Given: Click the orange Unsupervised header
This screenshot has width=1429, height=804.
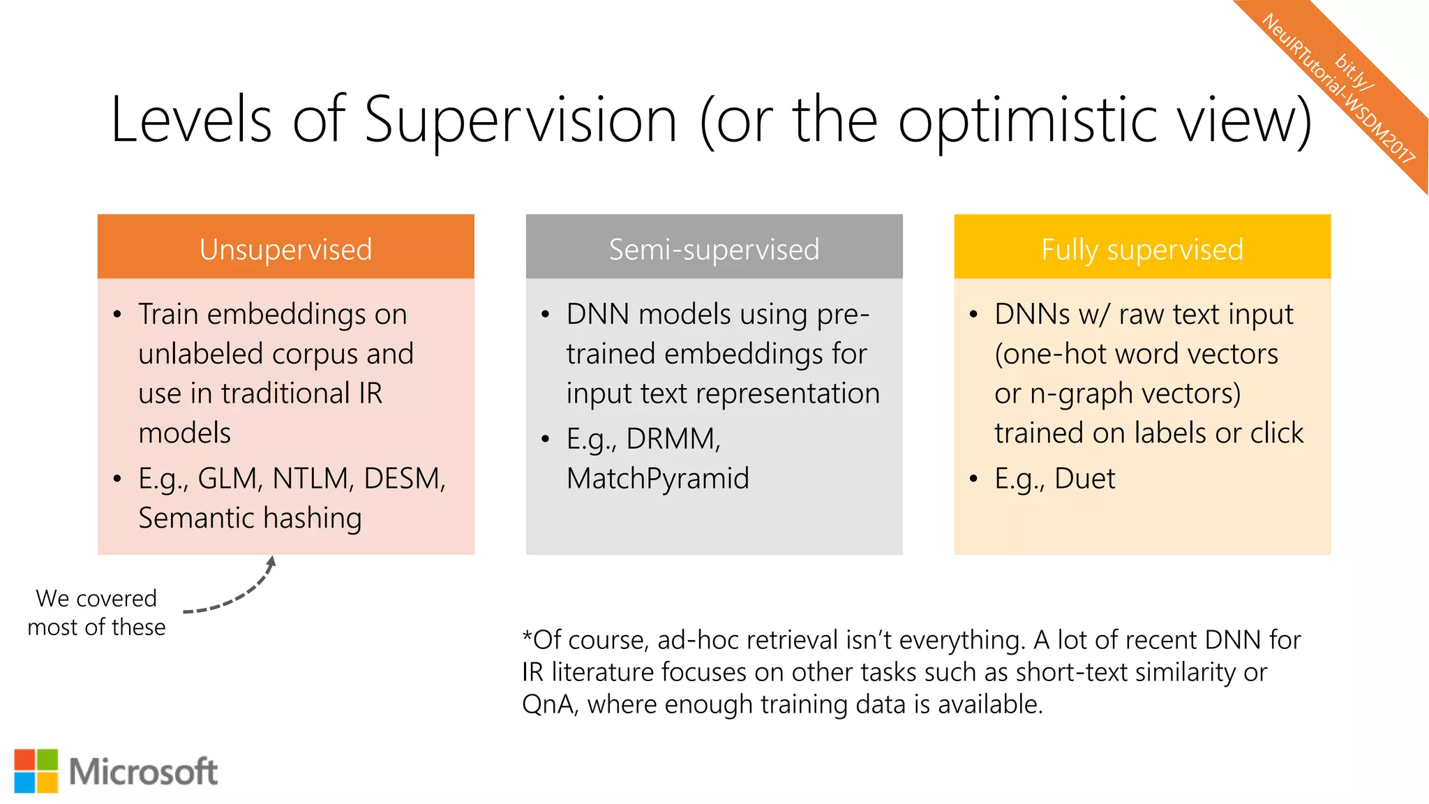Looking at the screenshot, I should coord(285,248).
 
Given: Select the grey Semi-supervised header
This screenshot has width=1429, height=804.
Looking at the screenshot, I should coord(714,248).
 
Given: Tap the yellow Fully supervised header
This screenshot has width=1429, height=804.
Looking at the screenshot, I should coord(1142,248).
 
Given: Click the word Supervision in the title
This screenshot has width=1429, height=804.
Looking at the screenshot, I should coord(520,120).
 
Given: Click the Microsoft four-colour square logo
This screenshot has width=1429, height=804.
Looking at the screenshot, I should coord(36,770).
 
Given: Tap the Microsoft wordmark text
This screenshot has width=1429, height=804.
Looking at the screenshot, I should coord(143,772).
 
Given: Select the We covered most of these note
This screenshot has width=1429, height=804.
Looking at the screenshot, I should coord(96,612).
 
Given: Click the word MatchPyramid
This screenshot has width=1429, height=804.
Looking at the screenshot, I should coord(657,479).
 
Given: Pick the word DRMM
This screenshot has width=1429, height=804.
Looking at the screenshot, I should coord(673,439).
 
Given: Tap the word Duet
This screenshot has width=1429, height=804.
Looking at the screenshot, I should coord(1084,479).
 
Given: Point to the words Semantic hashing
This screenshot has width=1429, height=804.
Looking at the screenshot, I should coord(250,519).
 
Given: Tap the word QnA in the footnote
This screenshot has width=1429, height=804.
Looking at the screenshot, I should coord(549,704).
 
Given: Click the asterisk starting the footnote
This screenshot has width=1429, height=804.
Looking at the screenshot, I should coord(528,636).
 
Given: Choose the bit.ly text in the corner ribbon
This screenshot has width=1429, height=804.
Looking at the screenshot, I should coord(1353,71).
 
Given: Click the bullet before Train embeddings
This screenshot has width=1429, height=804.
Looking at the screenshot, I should coord(117,315).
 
